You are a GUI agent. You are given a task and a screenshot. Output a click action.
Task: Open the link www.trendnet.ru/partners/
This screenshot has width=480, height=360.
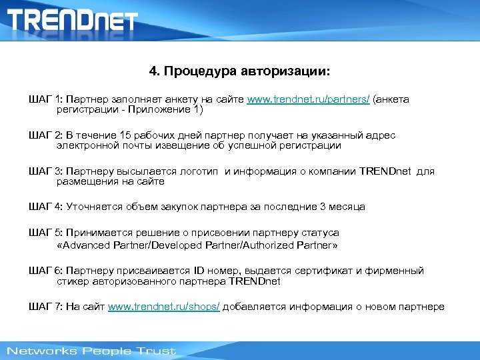(x=308, y=99)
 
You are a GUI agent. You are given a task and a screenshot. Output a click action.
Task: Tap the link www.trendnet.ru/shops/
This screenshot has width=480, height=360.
(x=164, y=307)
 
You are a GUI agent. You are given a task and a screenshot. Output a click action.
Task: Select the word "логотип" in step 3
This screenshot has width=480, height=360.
(x=199, y=171)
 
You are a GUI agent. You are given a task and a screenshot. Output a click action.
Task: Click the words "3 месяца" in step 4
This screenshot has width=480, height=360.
(x=342, y=207)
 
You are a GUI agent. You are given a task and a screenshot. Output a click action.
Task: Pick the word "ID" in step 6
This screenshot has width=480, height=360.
(x=200, y=271)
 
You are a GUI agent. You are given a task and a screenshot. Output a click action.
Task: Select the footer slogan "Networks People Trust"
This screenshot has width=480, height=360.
(x=91, y=351)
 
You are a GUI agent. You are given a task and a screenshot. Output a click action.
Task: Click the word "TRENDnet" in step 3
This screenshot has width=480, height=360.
(x=387, y=171)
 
